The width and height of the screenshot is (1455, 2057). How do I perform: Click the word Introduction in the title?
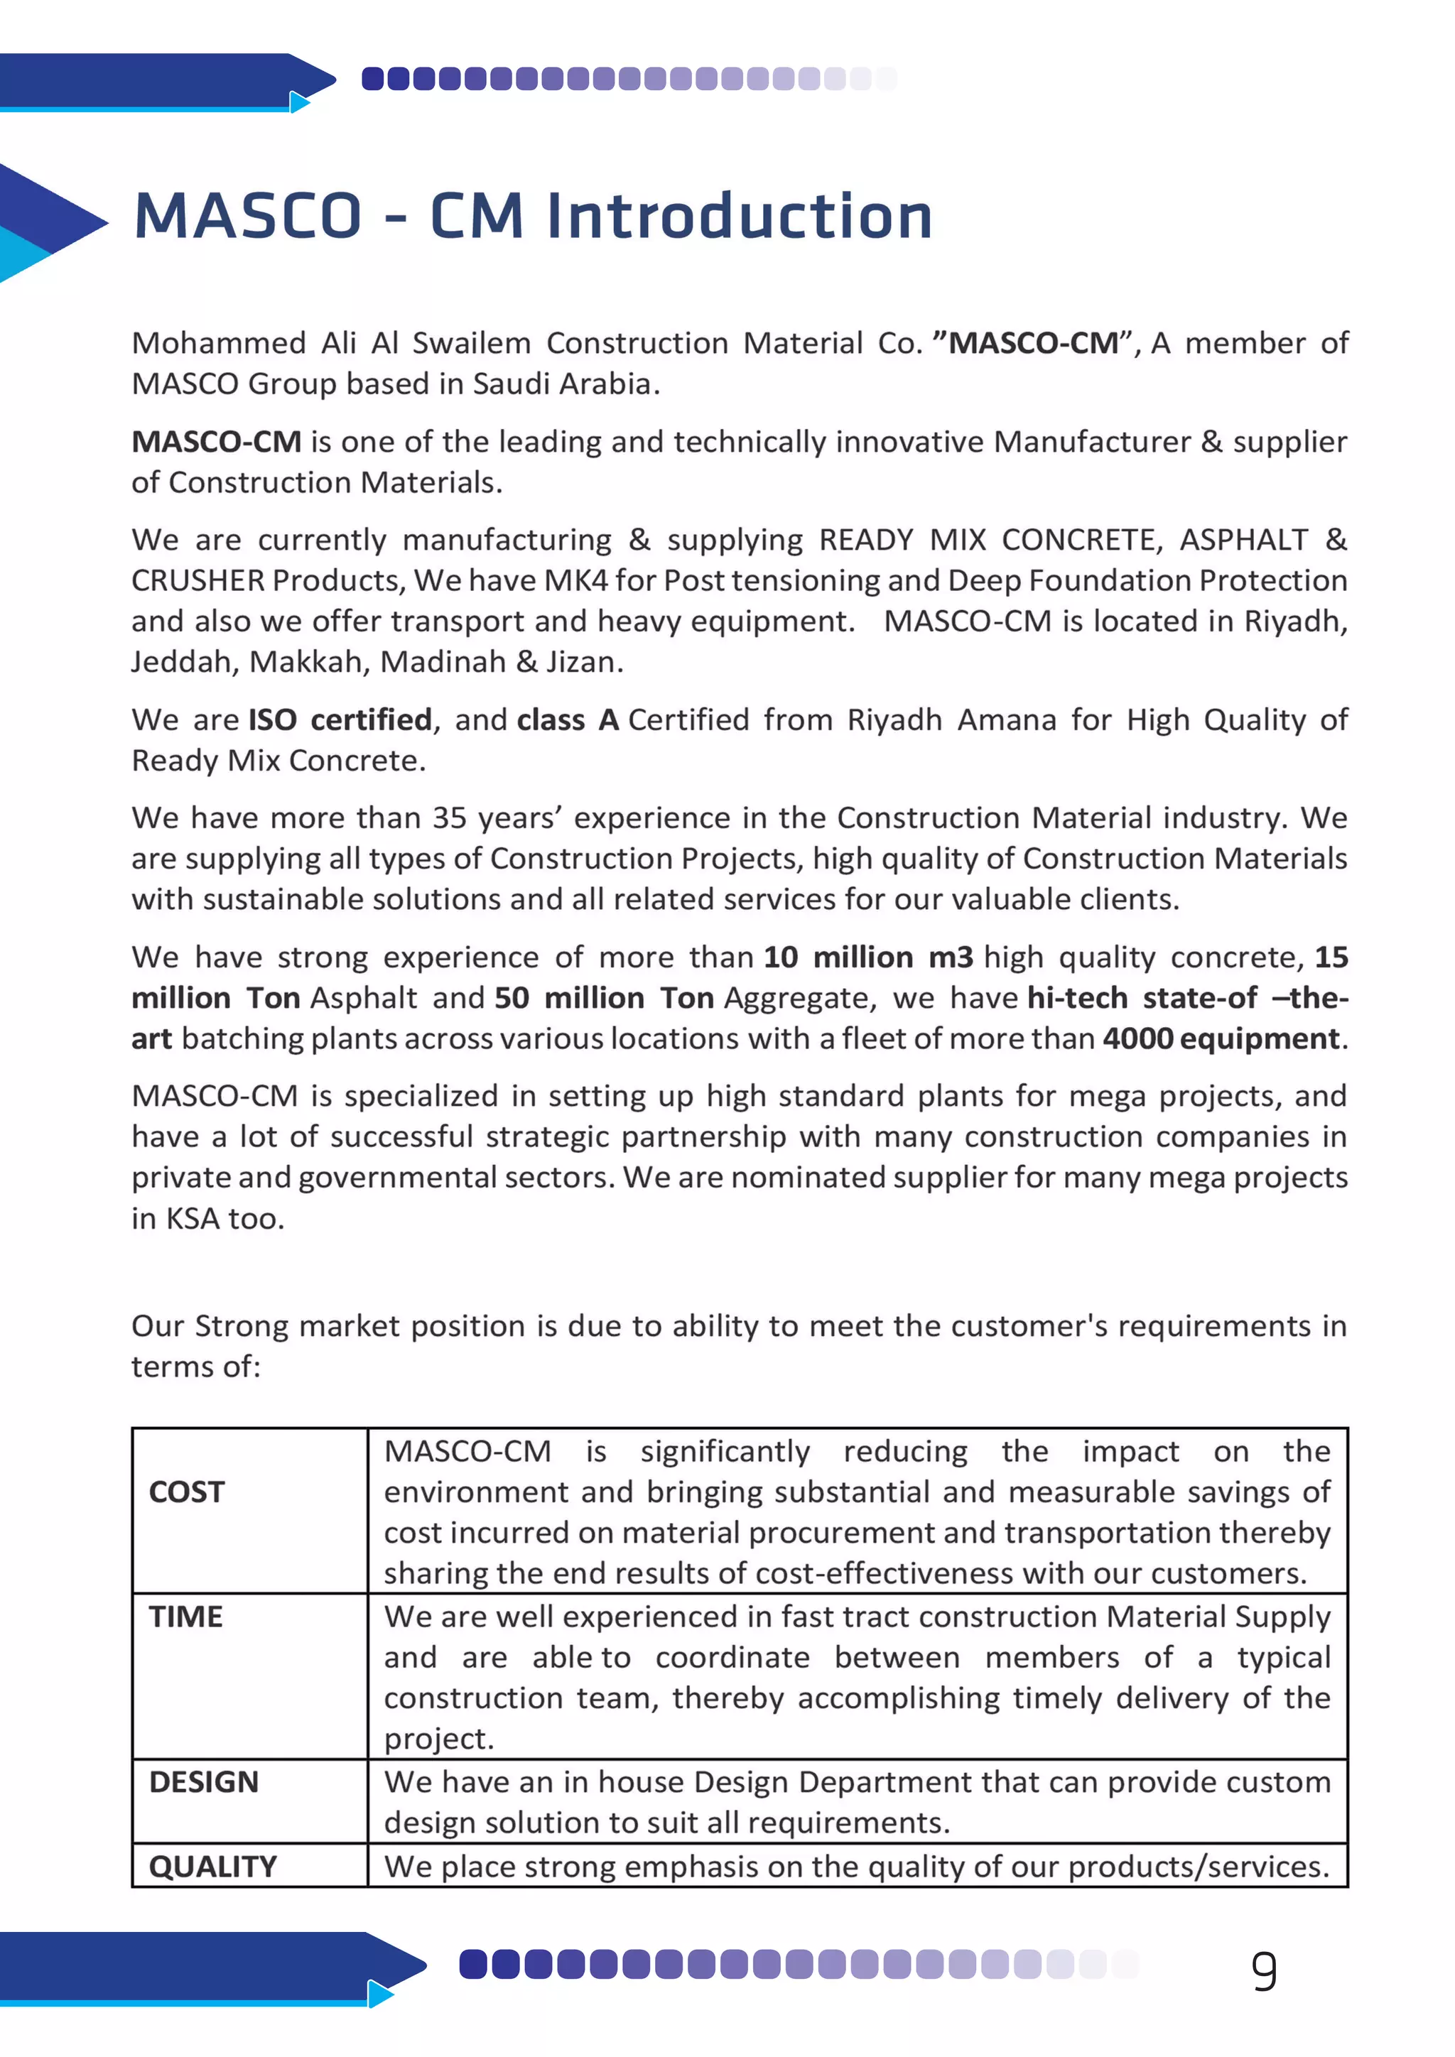(x=740, y=217)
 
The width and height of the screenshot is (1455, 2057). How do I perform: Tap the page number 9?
(x=1263, y=1971)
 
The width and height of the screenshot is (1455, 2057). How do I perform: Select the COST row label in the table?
(x=186, y=1492)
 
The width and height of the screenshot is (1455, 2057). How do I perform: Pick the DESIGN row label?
(x=203, y=1782)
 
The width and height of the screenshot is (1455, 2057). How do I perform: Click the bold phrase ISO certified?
(x=340, y=720)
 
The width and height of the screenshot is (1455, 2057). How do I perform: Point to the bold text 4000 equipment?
(x=1221, y=1038)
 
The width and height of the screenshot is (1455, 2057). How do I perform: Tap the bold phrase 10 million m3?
(x=867, y=957)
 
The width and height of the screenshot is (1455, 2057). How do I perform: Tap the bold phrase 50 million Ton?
(x=604, y=998)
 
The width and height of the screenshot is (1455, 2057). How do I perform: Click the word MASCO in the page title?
(x=247, y=217)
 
